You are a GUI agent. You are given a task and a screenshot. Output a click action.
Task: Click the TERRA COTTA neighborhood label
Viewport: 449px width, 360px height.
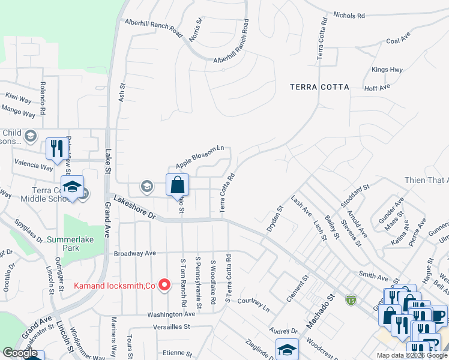coord(319,87)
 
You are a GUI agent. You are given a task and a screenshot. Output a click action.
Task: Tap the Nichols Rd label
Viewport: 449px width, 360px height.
coord(348,15)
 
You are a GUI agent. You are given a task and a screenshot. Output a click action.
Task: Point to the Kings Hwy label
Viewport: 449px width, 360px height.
coord(387,70)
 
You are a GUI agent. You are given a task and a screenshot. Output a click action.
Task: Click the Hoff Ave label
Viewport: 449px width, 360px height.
coord(378,87)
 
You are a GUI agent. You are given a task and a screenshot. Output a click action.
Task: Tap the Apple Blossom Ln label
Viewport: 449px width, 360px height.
coord(199,157)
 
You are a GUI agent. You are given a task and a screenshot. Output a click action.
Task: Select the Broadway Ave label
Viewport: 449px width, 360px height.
coord(135,254)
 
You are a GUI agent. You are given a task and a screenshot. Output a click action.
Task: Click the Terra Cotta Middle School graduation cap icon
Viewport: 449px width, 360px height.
coord(72,187)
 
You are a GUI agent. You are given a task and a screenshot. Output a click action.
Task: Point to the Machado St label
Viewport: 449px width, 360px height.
coord(320,311)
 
